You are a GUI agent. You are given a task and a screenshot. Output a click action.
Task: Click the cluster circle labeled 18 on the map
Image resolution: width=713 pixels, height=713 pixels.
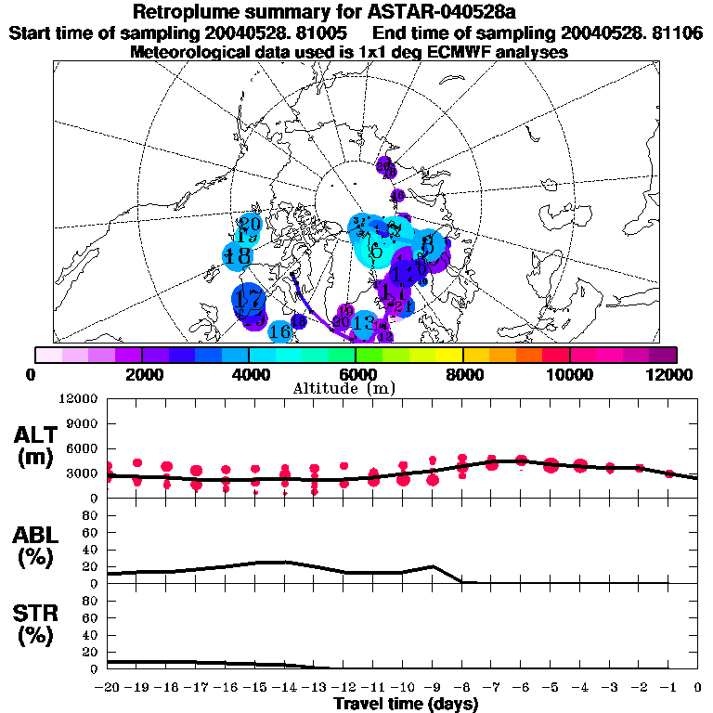tap(239, 255)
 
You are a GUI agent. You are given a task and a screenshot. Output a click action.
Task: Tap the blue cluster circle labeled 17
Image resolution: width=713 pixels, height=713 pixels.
tap(248, 300)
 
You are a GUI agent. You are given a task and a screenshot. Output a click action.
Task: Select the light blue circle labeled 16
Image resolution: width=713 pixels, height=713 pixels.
tap(279, 331)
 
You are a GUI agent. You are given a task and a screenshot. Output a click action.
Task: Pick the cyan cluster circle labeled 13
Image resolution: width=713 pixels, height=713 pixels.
tap(363, 324)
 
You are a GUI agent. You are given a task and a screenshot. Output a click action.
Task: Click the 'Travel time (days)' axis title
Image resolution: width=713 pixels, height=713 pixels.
tap(406, 704)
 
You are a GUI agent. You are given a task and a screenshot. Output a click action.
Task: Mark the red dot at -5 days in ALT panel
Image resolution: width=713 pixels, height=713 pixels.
tap(551, 465)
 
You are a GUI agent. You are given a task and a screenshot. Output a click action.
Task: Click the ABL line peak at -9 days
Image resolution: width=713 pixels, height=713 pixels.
tap(432, 566)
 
